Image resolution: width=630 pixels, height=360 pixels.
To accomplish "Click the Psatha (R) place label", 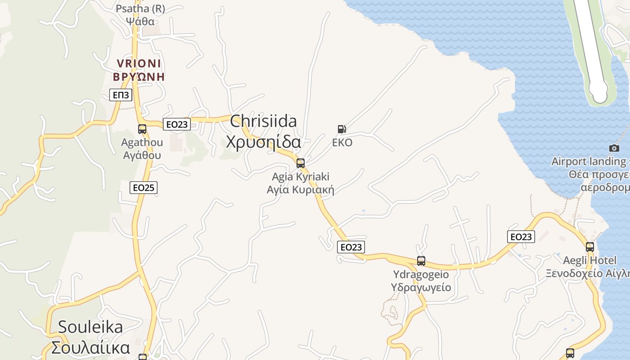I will tap(140, 14).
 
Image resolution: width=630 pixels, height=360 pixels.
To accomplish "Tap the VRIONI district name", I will tap(139, 70).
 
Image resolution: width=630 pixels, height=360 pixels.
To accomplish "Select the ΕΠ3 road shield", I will tap(121, 95).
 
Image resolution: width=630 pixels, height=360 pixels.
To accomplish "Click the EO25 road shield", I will tap(144, 188).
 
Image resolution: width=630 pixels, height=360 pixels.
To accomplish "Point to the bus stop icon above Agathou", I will tap(142, 129).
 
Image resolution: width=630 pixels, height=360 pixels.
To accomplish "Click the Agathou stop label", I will tap(142, 149).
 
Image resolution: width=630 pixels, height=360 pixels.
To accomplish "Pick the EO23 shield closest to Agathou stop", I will tap(177, 124).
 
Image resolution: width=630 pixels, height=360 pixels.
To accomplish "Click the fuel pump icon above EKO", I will tap(342, 129).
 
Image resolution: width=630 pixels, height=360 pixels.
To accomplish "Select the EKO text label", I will tap(342, 143).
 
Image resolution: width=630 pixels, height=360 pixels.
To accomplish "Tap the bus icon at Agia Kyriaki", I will tap(301, 163).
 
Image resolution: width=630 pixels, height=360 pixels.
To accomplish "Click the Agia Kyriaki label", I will tap(301, 183).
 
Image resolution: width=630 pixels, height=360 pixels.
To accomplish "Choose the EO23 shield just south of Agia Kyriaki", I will tap(351, 247).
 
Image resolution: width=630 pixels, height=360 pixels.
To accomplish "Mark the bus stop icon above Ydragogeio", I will tap(421, 261).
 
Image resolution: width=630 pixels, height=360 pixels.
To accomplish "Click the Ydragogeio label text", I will tap(421, 281).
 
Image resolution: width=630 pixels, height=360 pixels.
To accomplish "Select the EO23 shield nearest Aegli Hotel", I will tap(521, 237).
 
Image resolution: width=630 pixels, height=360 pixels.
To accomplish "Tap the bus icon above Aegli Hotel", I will tap(590, 247).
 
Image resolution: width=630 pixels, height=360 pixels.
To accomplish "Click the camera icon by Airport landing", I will tap(614, 148).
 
